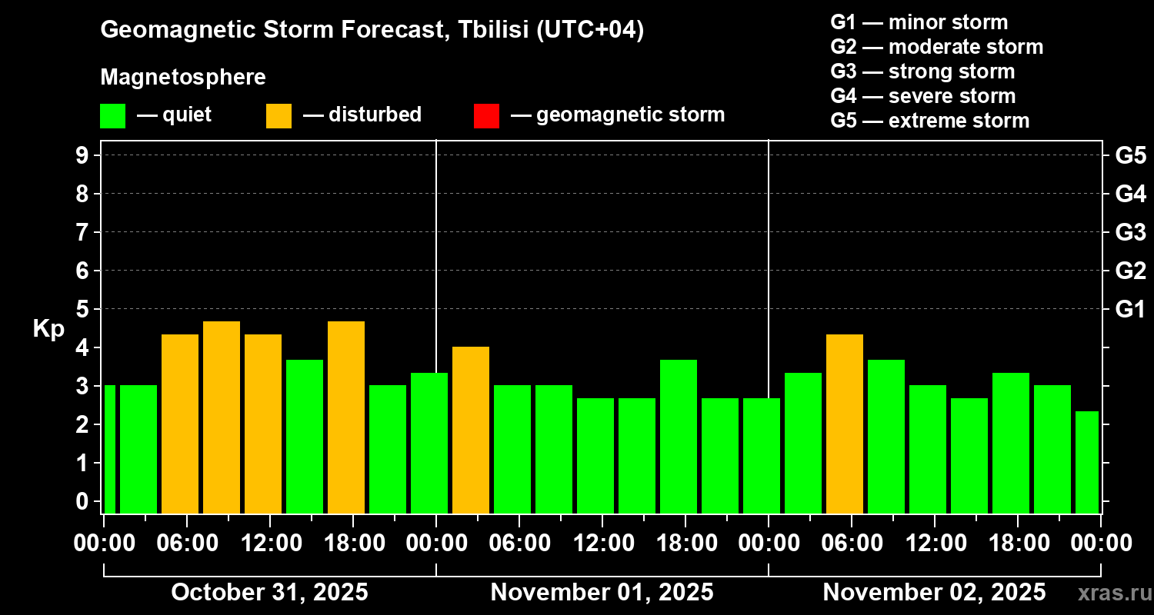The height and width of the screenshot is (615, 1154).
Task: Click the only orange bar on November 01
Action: [x=471, y=430]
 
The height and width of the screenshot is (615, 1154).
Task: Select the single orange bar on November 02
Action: [x=845, y=424]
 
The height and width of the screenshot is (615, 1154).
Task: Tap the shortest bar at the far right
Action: [x=1086, y=462]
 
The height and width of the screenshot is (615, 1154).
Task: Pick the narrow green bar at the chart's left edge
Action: [x=109, y=449]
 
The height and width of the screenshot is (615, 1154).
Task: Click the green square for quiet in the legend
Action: [x=112, y=116]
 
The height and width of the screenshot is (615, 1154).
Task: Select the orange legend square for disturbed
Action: [x=278, y=116]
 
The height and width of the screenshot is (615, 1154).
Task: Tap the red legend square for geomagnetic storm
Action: [x=486, y=116]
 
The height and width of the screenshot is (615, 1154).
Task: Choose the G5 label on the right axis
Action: [x=1130, y=155]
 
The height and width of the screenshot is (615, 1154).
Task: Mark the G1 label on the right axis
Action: [x=1130, y=310]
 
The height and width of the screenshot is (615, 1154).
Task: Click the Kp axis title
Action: [x=48, y=329]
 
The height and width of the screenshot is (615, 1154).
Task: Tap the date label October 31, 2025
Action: [x=269, y=593]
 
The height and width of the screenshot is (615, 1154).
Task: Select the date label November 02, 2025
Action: [x=934, y=593]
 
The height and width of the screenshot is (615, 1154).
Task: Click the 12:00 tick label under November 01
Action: [x=602, y=544]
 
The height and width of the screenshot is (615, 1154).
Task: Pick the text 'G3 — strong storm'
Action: [x=922, y=71]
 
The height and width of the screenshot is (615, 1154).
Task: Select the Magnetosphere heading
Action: [x=183, y=78]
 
